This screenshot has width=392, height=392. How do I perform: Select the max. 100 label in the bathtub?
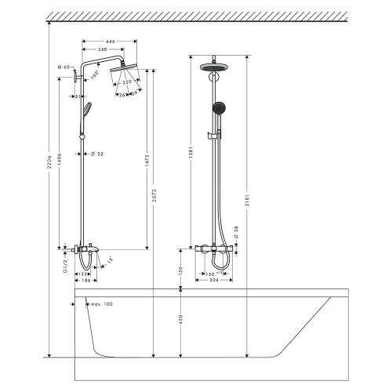coord(101,303)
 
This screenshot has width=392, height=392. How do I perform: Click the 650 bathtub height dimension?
coord(180,320)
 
